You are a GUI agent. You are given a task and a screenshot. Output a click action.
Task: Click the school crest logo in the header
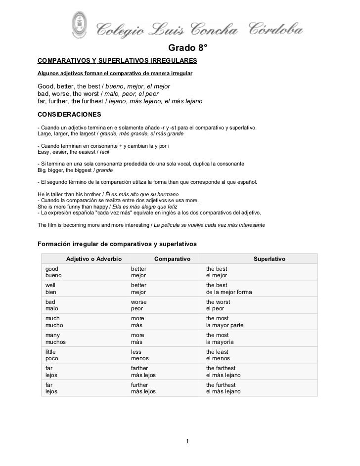tap(79, 23)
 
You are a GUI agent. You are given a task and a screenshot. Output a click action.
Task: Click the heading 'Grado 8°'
tap(188, 48)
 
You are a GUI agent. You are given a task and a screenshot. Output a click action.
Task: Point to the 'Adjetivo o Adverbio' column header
tap(94, 259)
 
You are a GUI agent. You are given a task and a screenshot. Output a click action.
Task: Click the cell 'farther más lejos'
tap(143, 372)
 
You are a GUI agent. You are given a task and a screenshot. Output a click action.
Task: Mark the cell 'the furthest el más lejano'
tap(223, 388)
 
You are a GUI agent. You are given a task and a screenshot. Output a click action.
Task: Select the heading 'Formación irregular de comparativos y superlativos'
tap(118, 244)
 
